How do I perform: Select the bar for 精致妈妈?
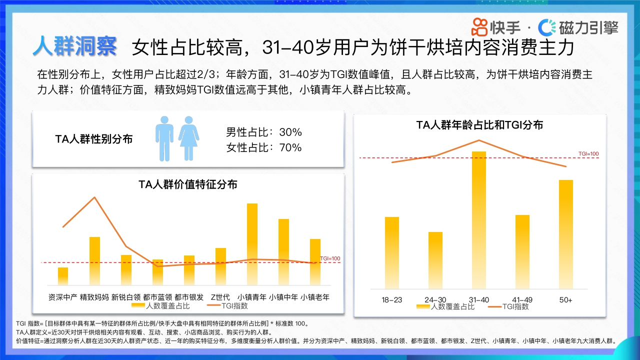coord(94,261)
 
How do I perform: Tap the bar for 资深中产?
coord(63,276)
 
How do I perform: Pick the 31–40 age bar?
coord(479,220)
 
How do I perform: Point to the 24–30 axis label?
coord(435,300)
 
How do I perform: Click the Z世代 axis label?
coord(220,297)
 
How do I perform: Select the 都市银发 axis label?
coord(189,297)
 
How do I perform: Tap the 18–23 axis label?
coord(391,300)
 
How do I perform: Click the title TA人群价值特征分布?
coord(188,184)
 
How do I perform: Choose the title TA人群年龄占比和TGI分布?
coord(479,125)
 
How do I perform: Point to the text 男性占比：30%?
coord(264,132)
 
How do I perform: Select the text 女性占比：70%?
coord(264,147)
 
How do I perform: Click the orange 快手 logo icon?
coord(480,26)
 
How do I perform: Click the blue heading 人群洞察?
coord(75,46)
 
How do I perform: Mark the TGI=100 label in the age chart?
coord(588,154)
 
